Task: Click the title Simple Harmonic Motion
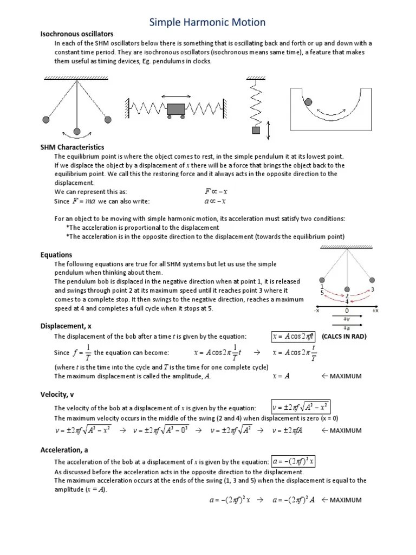click(x=207, y=22)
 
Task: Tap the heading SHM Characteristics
click(x=72, y=147)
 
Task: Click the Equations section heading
click(x=56, y=255)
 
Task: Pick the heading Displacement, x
click(x=67, y=326)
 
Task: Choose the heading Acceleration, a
click(x=64, y=449)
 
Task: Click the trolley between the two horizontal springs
click(x=176, y=109)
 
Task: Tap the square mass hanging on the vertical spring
click(x=256, y=130)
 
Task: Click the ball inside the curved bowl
click(x=308, y=101)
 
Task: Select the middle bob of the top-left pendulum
click(x=77, y=131)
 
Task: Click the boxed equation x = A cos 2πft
click(x=294, y=337)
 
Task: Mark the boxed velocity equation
click(x=300, y=408)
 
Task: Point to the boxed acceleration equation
click(x=294, y=461)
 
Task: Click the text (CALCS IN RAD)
click(x=344, y=337)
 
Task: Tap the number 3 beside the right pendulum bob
click(x=373, y=289)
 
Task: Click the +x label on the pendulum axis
click(x=374, y=311)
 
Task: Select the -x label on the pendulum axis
click(x=316, y=311)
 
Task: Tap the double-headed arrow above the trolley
click(x=175, y=96)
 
